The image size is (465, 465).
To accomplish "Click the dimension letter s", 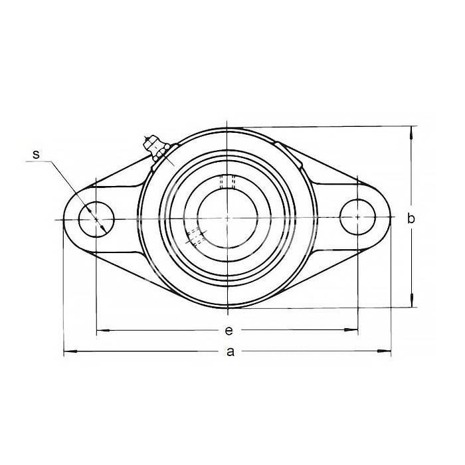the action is click(x=36, y=155).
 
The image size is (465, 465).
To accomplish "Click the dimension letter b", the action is click(x=411, y=219).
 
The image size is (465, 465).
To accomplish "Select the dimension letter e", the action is click(x=229, y=330).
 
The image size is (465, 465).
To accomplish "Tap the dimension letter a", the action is click(x=231, y=351).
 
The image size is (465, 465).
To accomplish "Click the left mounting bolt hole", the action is click(x=96, y=219).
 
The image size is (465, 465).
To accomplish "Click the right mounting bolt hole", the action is click(x=357, y=217).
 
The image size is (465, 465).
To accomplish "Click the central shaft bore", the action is click(x=227, y=219).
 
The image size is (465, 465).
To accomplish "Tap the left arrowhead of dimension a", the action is click(x=70, y=351).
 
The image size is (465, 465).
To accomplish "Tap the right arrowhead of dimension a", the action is click(x=384, y=351).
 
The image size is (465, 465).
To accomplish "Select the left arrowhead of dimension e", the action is click(x=103, y=330).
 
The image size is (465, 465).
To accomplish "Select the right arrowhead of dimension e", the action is click(x=351, y=329).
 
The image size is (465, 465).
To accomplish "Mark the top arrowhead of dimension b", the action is click(x=411, y=133).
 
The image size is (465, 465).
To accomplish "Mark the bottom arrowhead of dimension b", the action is click(x=411, y=300).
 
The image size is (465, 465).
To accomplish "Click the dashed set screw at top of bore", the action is click(x=227, y=182).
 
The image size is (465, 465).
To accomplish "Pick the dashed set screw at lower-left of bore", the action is click(x=195, y=236).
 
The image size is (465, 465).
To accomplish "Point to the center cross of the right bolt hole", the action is click(x=357, y=217).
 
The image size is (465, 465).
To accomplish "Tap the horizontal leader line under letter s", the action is click(x=39, y=161).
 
